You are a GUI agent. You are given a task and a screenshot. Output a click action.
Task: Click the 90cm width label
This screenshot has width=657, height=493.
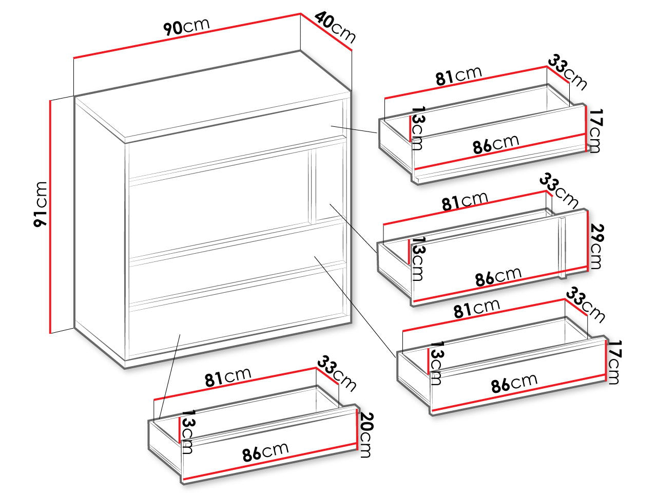(186, 27)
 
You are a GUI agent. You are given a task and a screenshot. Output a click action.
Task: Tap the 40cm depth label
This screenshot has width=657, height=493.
(335, 27)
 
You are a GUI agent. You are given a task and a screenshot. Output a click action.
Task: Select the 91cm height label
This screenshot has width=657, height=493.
(41, 204)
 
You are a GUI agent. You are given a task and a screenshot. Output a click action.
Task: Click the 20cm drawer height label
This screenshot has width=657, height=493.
(366, 435)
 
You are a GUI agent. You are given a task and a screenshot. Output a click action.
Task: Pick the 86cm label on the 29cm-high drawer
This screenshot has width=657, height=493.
(498, 276)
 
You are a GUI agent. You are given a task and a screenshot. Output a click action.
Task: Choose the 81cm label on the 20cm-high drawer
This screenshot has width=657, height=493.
(228, 377)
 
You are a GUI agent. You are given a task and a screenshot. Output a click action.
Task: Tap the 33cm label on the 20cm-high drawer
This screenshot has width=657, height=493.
(337, 373)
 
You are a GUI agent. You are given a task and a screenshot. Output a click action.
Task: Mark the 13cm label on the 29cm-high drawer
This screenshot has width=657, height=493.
(417, 259)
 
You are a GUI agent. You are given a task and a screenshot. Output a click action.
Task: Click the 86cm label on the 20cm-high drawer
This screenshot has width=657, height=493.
(265, 452)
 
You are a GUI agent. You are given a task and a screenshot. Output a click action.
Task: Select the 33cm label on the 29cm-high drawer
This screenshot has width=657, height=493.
(559, 191)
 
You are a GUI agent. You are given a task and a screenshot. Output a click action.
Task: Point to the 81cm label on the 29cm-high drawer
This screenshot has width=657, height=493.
(465, 201)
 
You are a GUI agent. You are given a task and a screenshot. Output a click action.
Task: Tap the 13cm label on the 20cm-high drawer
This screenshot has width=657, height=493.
(187, 432)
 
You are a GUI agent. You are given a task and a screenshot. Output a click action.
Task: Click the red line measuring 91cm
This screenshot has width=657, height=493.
(50, 216)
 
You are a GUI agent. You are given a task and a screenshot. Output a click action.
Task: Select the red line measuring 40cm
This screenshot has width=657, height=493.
(326, 32)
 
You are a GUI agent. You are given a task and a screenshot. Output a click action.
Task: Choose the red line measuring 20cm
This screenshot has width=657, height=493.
(357, 429)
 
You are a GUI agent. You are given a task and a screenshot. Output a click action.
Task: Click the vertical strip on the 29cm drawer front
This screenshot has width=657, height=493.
(562, 248)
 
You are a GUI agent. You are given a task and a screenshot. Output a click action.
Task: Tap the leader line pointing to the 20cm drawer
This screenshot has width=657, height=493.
(170, 376)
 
